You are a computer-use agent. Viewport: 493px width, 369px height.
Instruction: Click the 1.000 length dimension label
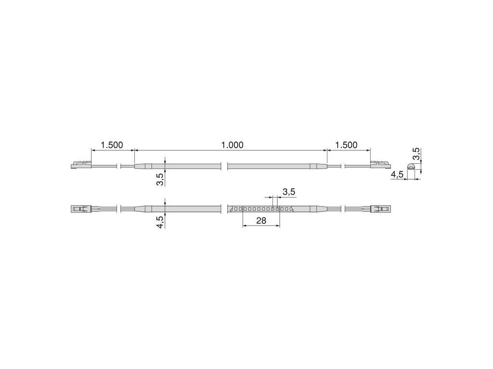pos(232,145)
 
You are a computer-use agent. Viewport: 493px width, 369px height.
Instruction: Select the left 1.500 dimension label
pos(111,145)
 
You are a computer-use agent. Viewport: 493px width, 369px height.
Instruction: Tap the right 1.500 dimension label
pos(346,145)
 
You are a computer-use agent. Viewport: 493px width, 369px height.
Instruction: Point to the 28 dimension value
pos(261,221)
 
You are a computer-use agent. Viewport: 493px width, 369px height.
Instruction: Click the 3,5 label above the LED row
pos(288,192)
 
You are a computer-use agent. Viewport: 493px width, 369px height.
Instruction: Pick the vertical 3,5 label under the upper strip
pos(160,179)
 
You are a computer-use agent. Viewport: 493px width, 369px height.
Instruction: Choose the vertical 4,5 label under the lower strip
pos(160,222)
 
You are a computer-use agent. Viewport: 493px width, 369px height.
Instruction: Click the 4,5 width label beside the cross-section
pos(397,175)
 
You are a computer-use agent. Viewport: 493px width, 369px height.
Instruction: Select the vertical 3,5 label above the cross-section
pos(416,154)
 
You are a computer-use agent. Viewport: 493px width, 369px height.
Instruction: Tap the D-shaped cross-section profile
pos(411,166)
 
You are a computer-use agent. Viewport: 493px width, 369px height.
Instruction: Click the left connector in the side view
pos(80,165)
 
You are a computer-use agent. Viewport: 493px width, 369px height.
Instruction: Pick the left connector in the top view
pos(80,209)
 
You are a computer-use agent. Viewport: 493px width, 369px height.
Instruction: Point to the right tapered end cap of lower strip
pos(318,209)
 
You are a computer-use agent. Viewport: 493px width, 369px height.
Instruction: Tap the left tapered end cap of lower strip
pos(143,209)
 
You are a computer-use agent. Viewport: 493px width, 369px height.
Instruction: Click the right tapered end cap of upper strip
pos(318,166)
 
